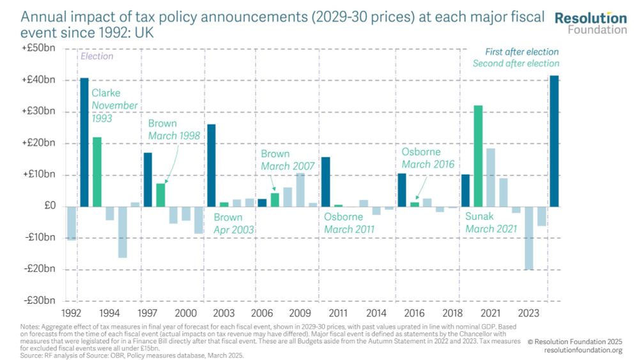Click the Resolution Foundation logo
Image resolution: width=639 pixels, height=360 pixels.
click(590, 22)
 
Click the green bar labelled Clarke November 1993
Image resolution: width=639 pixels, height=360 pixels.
click(97, 172)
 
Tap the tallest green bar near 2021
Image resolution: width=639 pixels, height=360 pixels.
click(478, 156)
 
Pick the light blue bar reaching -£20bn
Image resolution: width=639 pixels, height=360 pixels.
click(528, 238)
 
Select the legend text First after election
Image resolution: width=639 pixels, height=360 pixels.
click(521, 52)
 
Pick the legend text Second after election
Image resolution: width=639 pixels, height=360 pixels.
click(516, 63)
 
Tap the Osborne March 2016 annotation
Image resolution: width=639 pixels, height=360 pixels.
click(427, 158)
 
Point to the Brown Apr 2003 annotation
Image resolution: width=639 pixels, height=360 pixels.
click(233, 223)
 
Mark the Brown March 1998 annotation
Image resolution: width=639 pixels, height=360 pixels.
click(174, 129)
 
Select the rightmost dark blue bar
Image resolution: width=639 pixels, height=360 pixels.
click(555, 141)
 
